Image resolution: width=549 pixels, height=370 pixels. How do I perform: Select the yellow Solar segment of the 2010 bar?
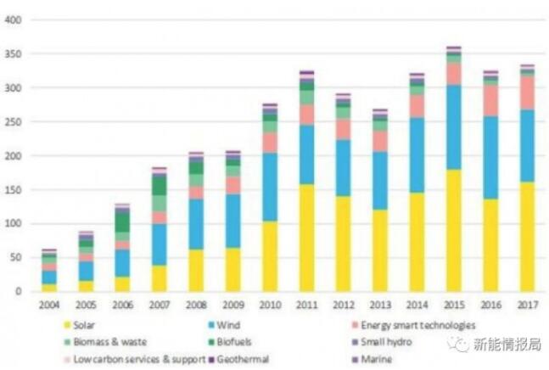coord(270,256)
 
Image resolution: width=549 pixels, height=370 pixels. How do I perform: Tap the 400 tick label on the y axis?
coord(14,20)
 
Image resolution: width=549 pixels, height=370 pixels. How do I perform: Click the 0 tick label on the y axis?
coord(19,292)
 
